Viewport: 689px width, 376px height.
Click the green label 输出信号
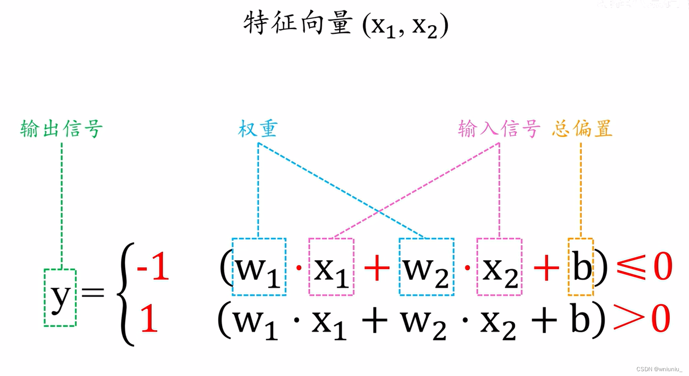[62, 129]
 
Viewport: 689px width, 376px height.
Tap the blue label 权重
[258, 129]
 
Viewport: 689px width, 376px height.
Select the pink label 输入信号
[499, 129]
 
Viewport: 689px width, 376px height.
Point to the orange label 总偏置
[582, 129]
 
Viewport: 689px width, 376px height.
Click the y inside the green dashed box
[60, 298]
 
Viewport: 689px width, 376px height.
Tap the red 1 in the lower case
[149, 319]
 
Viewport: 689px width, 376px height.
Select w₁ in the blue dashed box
[258, 269]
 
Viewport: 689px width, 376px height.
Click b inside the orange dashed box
[581, 268]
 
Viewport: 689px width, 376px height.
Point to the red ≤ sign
[631, 267]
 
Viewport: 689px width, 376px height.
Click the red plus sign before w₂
[377, 268]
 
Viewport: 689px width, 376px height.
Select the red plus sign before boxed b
[546, 268]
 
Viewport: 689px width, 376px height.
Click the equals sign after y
[93, 292]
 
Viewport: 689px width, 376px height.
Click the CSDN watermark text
[659, 369]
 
